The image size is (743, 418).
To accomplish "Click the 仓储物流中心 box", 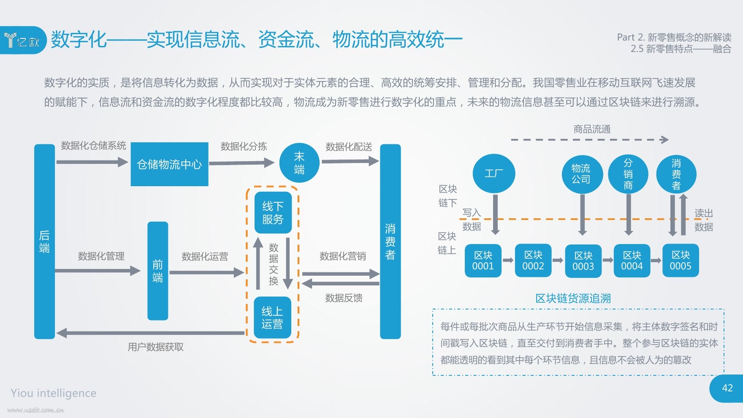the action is pyautogui.click(x=169, y=164).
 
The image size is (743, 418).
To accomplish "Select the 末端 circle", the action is pyautogui.click(x=299, y=163).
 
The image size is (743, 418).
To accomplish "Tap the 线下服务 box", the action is pyautogui.click(x=273, y=212).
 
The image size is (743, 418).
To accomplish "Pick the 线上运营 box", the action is pyautogui.click(x=272, y=318).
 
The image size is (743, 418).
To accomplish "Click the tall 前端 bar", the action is pyautogui.click(x=157, y=271).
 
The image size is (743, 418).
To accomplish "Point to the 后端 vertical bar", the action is pyautogui.click(x=44, y=241).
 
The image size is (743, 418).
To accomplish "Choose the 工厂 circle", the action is pyautogui.click(x=494, y=174).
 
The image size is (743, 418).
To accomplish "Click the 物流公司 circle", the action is pyautogui.click(x=581, y=174).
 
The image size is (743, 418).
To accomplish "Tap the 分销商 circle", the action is pyautogui.click(x=628, y=174).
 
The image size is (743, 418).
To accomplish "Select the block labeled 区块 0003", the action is pyautogui.click(x=583, y=261).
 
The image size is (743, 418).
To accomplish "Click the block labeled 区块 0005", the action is pyautogui.click(x=681, y=261).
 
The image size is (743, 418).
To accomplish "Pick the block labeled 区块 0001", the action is pyautogui.click(x=483, y=261).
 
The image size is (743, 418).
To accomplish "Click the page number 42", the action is pyautogui.click(x=727, y=388).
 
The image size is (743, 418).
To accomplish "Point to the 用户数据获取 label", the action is pyautogui.click(x=156, y=347).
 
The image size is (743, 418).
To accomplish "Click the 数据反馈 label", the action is pyautogui.click(x=344, y=298).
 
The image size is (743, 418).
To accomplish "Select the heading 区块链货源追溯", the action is pyautogui.click(x=573, y=299).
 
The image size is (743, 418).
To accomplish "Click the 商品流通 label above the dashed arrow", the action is pyautogui.click(x=592, y=129).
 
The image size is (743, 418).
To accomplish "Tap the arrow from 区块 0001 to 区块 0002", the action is pyautogui.click(x=508, y=261).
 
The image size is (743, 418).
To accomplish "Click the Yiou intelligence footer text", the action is pyautogui.click(x=54, y=393).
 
